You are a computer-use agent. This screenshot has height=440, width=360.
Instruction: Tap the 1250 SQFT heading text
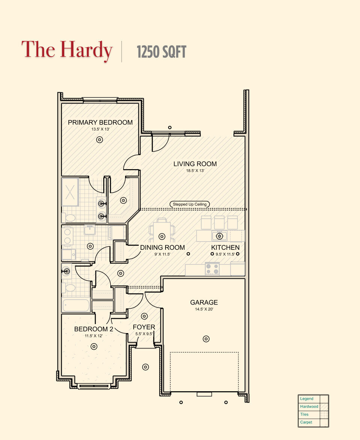[x=161, y=52]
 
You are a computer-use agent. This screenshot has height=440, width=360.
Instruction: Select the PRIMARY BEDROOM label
[x=100, y=122]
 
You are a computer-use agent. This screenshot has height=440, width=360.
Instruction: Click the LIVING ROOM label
[x=195, y=164]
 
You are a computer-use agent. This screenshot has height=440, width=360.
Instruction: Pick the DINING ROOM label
[x=162, y=248]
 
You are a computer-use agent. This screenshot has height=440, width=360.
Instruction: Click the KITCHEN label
[x=225, y=248]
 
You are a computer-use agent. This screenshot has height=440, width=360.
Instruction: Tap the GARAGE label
[x=204, y=302]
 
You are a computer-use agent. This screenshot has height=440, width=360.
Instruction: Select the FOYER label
[x=144, y=327]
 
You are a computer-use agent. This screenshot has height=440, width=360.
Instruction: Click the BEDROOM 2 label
[x=93, y=329]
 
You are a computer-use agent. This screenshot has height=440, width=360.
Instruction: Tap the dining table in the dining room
[x=162, y=236]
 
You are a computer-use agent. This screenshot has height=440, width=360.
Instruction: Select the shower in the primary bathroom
[x=70, y=192]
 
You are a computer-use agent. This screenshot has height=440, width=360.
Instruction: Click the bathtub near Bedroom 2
[x=77, y=305]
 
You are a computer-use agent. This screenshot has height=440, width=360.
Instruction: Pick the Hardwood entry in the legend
[x=309, y=407]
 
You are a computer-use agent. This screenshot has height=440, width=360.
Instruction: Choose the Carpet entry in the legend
[x=306, y=422]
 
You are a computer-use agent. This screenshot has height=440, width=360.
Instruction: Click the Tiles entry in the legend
[x=304, y=414]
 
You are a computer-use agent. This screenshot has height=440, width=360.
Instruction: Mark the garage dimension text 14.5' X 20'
[x=204, y=309]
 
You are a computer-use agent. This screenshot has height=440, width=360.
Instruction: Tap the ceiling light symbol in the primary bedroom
[x=99, y=140]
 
